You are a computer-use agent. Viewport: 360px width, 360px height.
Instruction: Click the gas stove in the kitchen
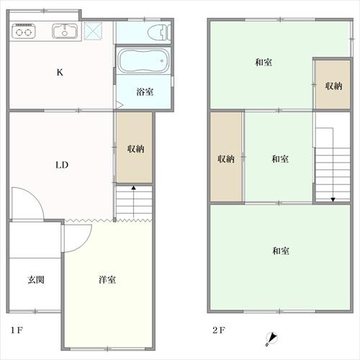24,31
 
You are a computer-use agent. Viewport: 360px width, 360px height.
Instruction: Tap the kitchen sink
65,31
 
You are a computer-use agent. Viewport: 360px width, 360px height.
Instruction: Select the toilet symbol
159,32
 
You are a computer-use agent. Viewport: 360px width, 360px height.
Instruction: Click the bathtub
143,60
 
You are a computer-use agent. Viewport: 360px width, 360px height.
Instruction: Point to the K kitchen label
60,72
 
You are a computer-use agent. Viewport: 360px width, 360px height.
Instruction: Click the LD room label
62,165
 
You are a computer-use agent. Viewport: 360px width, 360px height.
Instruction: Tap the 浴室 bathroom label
145,91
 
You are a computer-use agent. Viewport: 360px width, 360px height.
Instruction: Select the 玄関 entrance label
36,279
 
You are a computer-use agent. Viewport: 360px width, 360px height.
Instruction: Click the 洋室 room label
107,279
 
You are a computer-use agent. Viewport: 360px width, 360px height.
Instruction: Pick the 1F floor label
17,330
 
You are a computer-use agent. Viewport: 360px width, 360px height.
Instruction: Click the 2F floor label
219,330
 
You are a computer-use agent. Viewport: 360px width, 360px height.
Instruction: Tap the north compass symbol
271,339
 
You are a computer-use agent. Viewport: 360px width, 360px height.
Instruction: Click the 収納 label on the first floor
135,149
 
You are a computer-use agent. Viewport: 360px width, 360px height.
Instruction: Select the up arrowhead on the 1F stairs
133,188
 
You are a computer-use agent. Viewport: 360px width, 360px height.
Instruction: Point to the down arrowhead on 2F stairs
333,199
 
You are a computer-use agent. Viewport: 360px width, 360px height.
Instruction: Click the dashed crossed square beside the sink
93,31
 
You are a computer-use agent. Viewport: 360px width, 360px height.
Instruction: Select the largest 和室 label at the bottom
281,251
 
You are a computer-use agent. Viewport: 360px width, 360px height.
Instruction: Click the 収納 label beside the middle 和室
226,158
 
